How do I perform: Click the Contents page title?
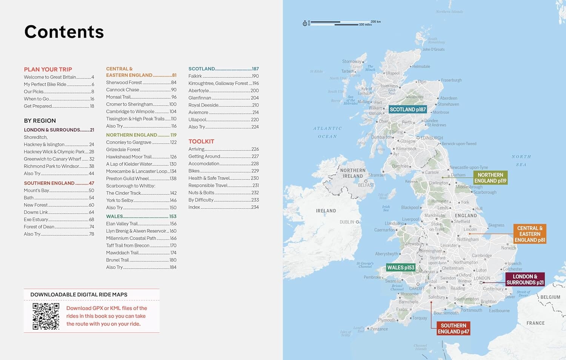point(64,32)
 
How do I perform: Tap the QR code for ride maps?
point(46,316)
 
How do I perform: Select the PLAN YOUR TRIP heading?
point(48,69)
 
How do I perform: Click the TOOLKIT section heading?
point(201,142)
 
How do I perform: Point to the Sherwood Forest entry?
point(124,83)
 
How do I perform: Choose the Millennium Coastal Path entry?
point(131,238)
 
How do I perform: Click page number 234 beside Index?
point(255,207)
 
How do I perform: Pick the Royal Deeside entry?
point(203,105)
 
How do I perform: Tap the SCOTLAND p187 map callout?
point(408,109)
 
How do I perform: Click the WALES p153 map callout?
point(401,268)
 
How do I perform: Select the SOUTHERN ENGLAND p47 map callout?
point(453,329)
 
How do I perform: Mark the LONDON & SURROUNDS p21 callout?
point(525,280)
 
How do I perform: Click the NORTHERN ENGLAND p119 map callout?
point(490,178)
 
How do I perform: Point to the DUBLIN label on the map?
point(347,222)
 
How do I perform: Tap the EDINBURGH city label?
point(432,138)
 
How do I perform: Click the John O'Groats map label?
point(433,49)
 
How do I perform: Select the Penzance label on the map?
point(379,329)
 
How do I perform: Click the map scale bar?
point(341,23)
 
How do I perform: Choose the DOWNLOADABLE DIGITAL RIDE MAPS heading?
point(79,295)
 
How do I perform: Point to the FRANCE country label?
point(535,323)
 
